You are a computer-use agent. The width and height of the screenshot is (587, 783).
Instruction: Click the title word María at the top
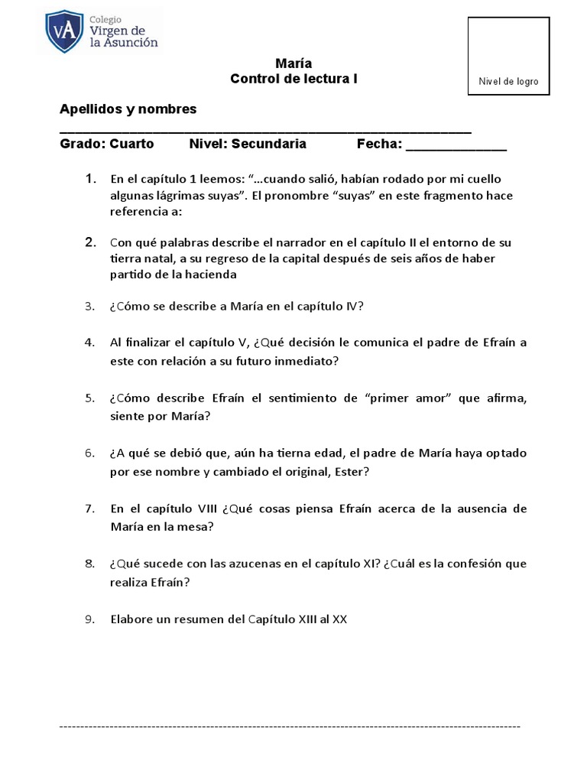[x=293, y=63]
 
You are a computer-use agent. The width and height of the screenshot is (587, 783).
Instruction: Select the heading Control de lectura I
[x=293, y=79]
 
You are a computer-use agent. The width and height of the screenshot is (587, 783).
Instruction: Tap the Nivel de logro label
[x=508, y=82]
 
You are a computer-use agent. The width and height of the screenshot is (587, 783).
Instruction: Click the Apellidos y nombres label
[x=128, y=109]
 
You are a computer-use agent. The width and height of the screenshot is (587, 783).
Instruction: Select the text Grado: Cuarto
[x=106, y=144]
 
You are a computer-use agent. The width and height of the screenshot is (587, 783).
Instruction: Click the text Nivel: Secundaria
[x=247, y=144]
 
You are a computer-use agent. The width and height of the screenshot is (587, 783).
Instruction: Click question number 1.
[x=90, y=179]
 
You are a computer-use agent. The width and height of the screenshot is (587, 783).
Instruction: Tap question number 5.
[x=89, y=398]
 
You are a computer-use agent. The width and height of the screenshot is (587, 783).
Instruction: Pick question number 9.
[x=89, y=619]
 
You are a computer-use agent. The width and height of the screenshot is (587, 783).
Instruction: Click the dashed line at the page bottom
[x=290, y=725]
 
